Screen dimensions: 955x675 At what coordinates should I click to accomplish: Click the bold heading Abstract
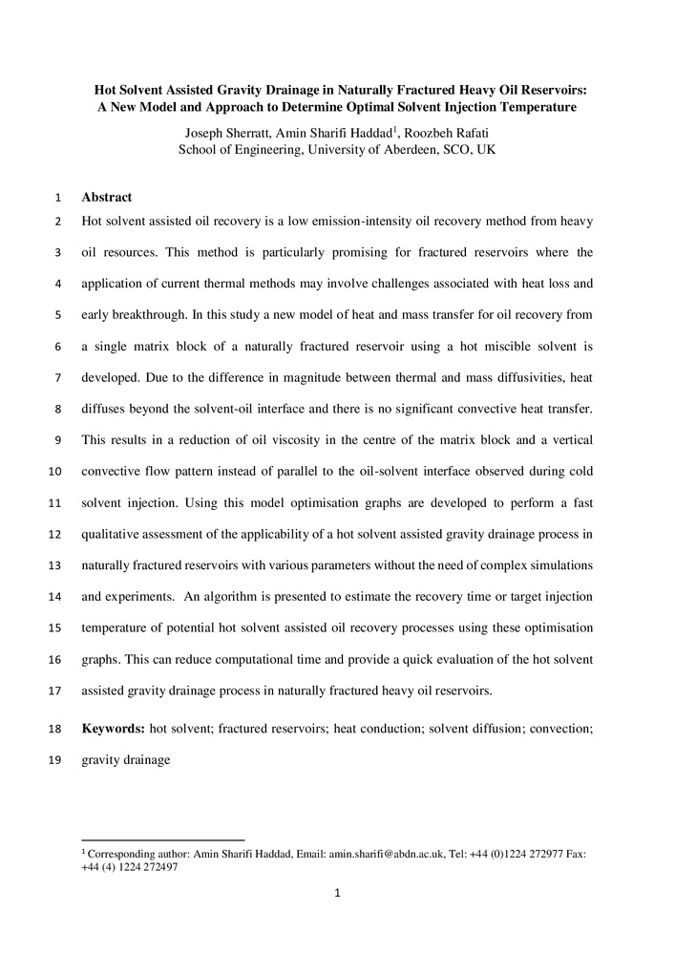click(106, 198)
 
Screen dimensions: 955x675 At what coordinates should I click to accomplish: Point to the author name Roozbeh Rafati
click(452, 133)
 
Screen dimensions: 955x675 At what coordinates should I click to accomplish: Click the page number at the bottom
click(337, 894)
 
